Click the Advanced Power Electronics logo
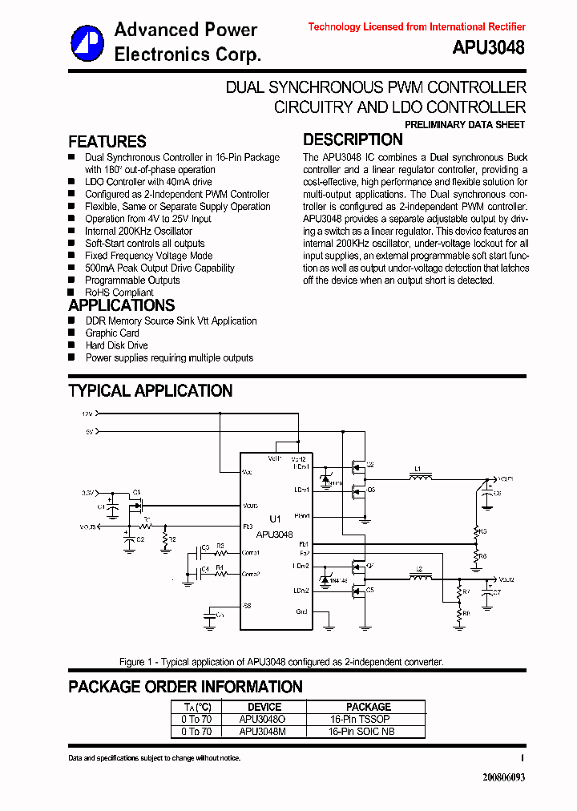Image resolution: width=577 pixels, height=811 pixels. click(87, 42)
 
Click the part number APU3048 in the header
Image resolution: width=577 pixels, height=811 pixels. click(488, 47)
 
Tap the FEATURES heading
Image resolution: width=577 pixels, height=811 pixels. click(107, 141)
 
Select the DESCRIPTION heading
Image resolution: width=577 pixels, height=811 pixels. click(353, 139)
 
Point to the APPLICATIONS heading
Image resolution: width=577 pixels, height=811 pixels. click(121, 305)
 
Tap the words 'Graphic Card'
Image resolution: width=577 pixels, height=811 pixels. click(112, 333)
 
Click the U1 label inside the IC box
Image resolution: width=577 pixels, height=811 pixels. click(275, 519)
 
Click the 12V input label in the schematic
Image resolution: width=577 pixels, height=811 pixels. click(87, 414)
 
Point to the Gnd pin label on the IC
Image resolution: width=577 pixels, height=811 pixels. click(301, 612)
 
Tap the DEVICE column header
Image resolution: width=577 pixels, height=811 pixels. click(264, 707)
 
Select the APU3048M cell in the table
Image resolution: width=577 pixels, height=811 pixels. click(261, 731)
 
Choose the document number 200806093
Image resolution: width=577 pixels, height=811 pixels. click(503, 777)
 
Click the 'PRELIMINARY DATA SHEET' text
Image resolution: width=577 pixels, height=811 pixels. click(465, 125)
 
